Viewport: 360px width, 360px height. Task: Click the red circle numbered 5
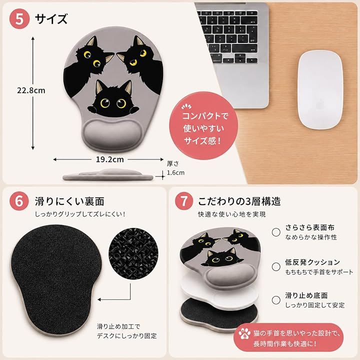[x=19, y=19]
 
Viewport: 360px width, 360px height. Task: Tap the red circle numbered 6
[x=19, y=201]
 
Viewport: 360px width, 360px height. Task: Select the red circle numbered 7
[x=183, y=201]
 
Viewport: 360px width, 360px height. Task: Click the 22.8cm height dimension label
[x=31, y=90]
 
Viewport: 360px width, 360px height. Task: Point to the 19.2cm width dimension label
[x=109, y=159]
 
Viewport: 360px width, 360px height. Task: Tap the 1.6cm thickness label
[x=175, y=172]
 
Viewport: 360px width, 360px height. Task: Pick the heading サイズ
[x=51, y=19]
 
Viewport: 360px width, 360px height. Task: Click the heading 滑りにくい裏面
[x=69, y=201]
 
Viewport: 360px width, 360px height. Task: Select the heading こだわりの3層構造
[x=239, y=201]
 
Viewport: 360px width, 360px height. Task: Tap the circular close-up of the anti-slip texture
[x=133, y=252]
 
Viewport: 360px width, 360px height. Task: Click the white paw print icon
[x=244, y=334]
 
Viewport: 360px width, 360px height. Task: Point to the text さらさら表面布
[x=310, y=227]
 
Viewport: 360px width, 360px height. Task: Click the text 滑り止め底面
[x=306, y=295]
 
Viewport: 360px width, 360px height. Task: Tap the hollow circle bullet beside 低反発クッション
[x=276, y=267]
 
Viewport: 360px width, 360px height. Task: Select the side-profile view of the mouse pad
[x=108, y=175]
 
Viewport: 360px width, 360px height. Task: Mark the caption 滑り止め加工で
[x=118, y=326]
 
